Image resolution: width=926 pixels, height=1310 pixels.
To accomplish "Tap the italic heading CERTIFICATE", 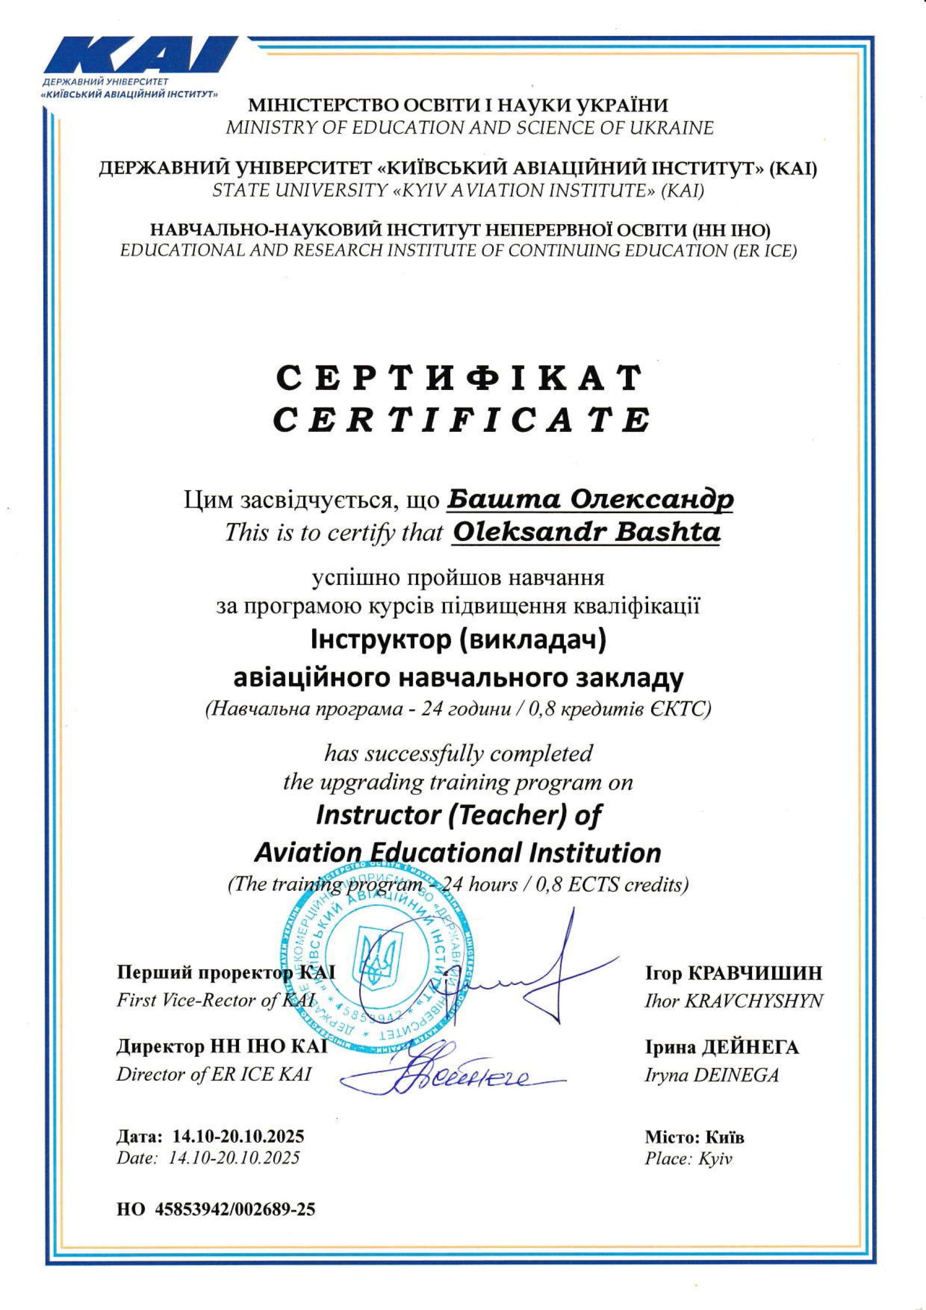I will tap(460, 420).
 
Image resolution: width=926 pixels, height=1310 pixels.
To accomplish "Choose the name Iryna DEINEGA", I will tap(712, 1075).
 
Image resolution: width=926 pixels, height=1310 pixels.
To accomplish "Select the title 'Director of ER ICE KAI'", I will tap(214, 1075).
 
